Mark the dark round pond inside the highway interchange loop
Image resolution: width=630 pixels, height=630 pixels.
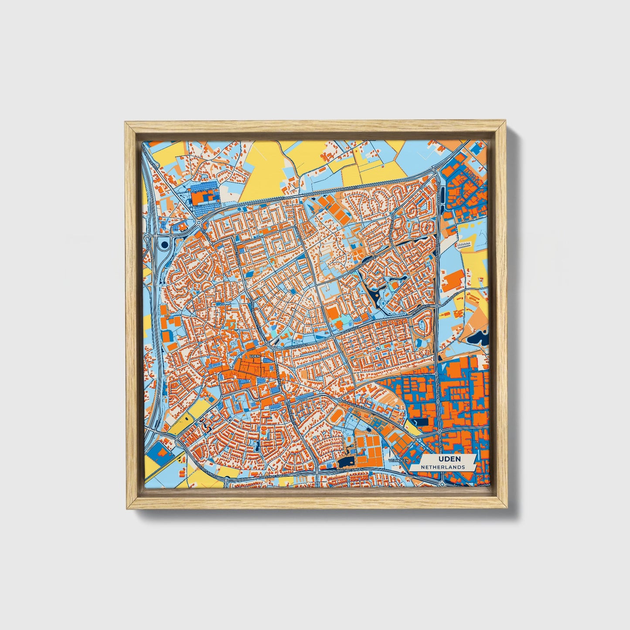[164, 245]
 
